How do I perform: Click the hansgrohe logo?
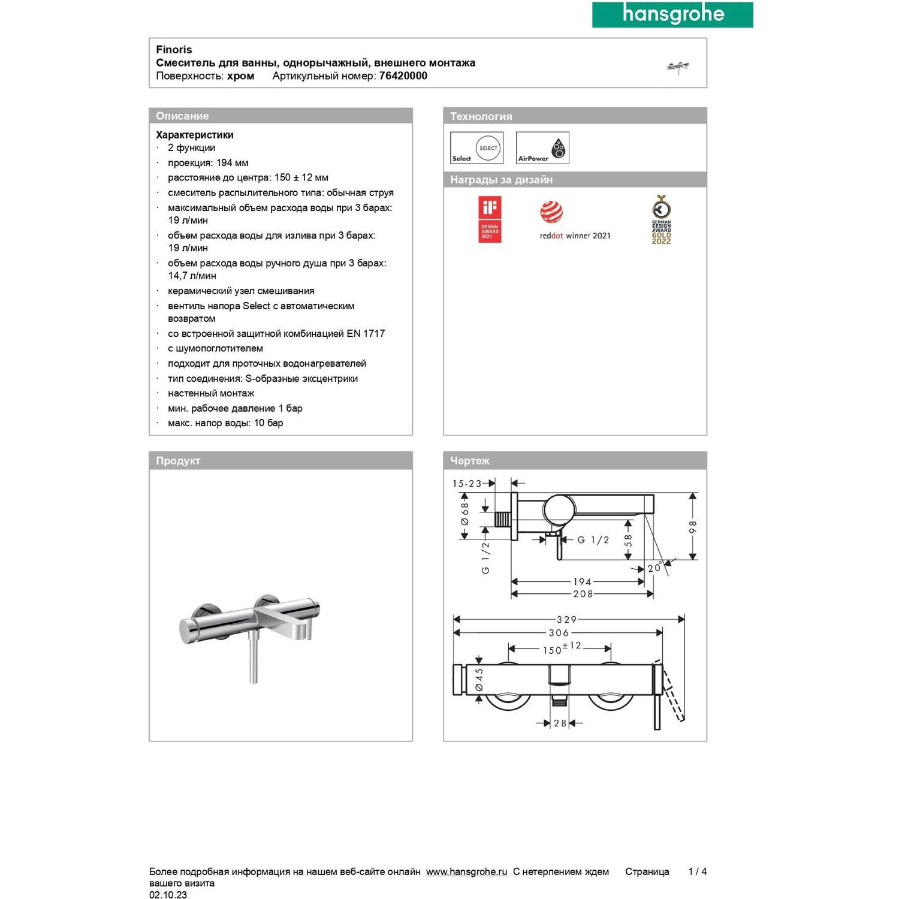click(x=672, y=14)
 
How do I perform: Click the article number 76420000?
click(x=403, y=76)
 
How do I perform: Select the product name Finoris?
click(x=174, y=50)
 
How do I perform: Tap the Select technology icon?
click(x=476, y=148)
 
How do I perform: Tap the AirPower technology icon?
click(x=542, y=148)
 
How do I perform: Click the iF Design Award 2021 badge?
click(x=490, y=219)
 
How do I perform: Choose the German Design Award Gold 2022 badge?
click(x=661, y=219)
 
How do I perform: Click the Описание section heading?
click(x=182, y=116)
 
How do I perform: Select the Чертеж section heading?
click(x=470, y=461)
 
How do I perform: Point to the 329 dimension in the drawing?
click(x=566, y=620)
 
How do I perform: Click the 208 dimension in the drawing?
click(x=583, y=594)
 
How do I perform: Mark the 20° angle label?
click(x=654, y=568)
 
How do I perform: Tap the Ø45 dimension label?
click(x=479, y=680)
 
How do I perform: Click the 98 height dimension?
click(x=693, y=527)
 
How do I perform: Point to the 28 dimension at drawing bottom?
click(x=560, y=723)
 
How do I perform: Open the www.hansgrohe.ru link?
click(x=466, y=871)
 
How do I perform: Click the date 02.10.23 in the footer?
click(x=168, y=895)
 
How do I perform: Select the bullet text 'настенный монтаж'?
click(x=211, y=393)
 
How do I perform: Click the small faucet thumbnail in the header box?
click(x=678, y=67)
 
